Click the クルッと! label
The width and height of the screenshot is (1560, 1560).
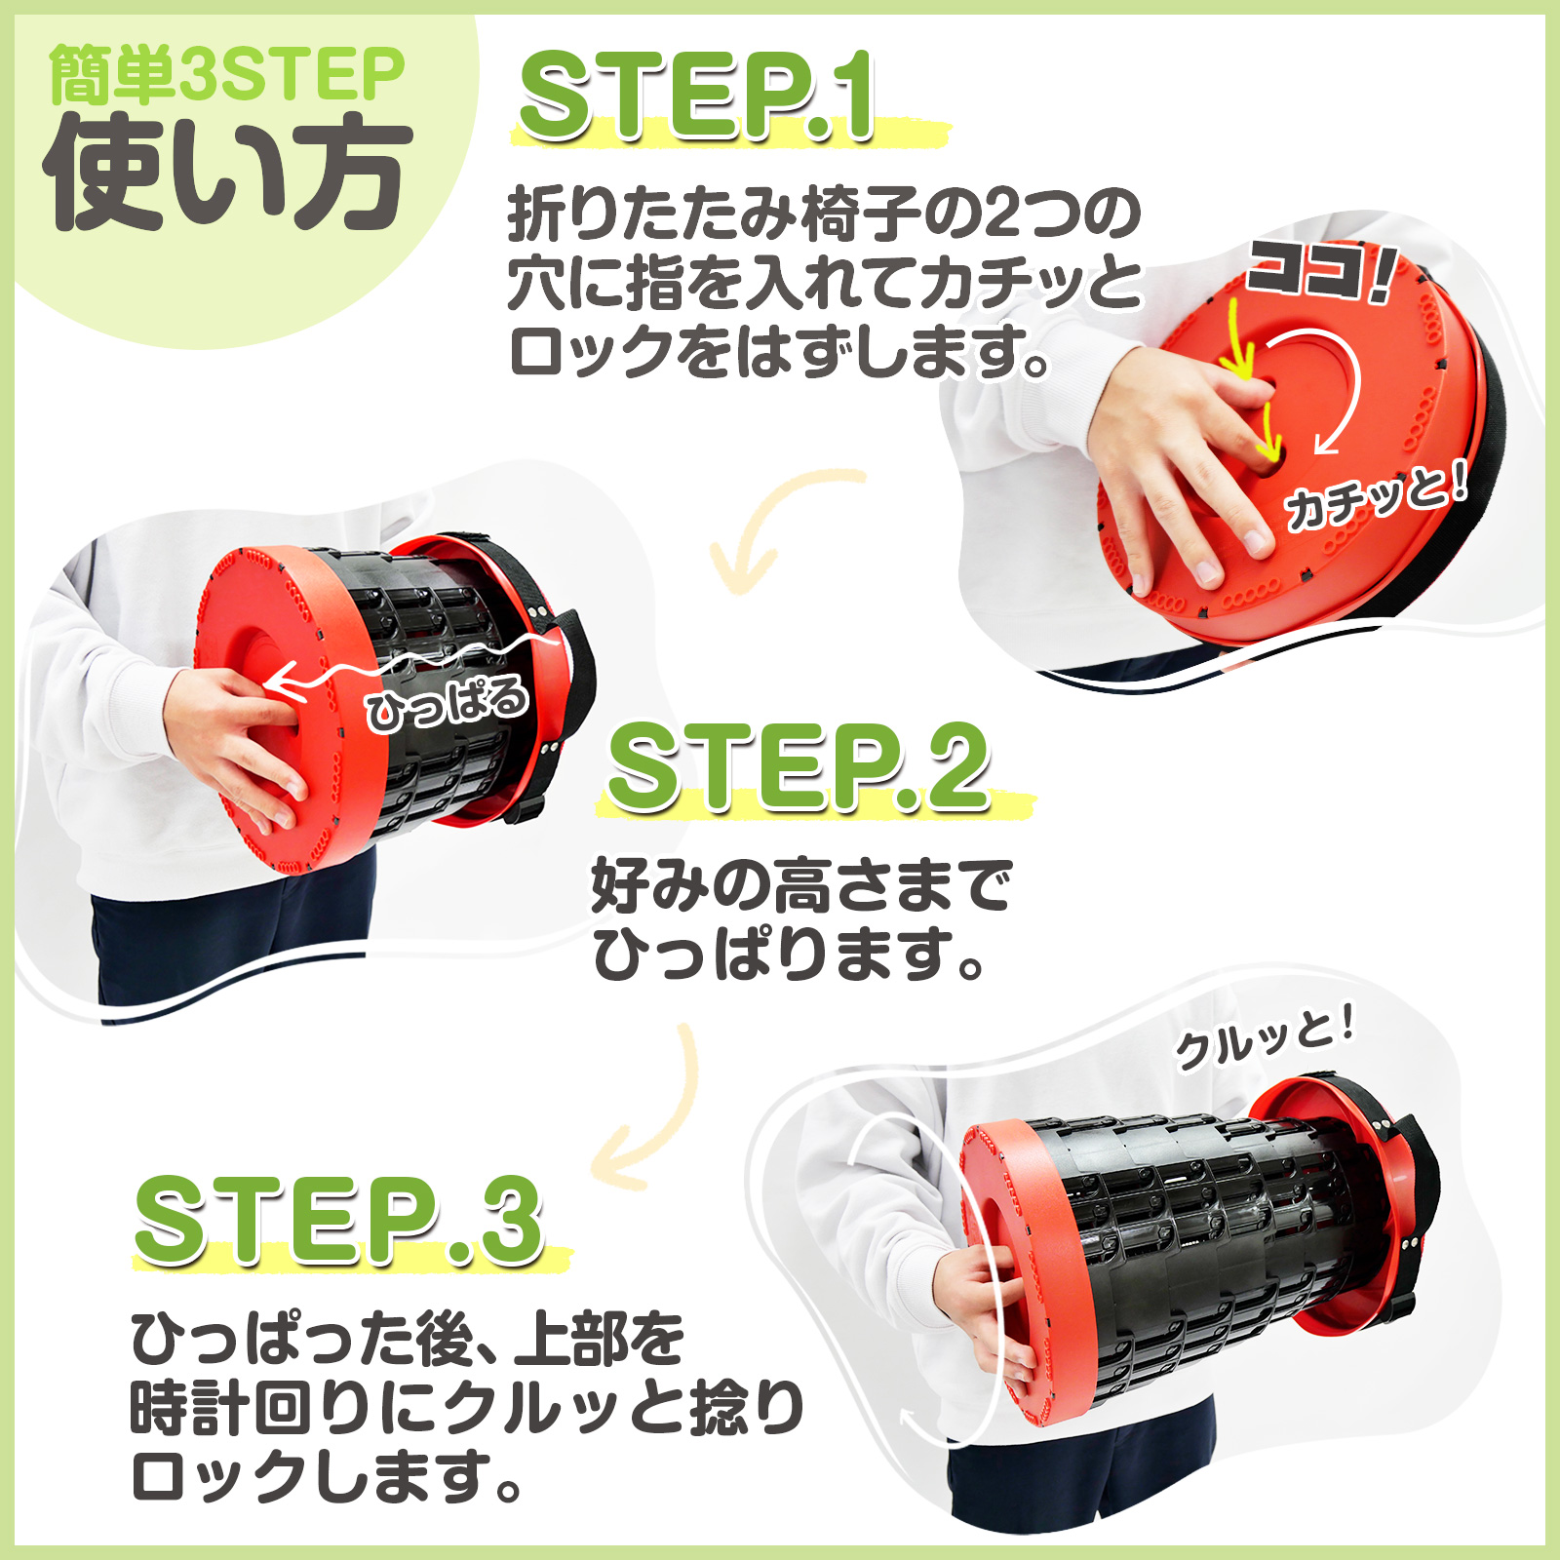click(1266, 1039)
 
